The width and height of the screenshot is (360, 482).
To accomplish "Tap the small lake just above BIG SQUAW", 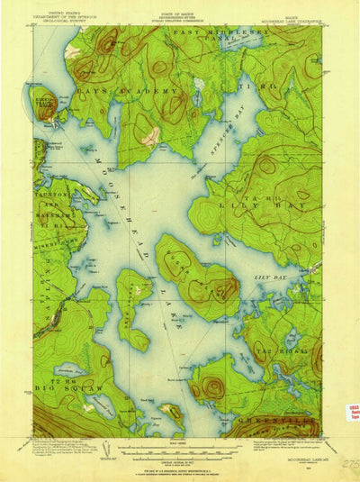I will [70, 369].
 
